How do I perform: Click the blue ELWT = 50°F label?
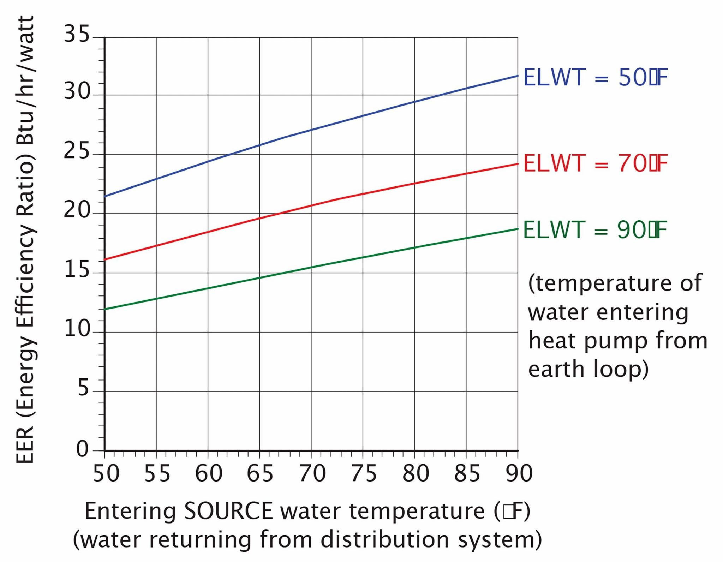coord(595,77)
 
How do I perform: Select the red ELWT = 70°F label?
coord(595,164)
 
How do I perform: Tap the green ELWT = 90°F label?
coord(595,230)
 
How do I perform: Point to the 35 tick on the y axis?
coord(77,35)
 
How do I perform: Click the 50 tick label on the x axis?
coord(106,473)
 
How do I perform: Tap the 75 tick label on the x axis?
coord(364,473)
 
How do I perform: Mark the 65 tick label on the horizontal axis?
coord(260,473)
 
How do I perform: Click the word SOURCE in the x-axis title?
coord(228,511)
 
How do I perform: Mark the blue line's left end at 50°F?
coord(105,196)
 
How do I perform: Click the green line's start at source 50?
coord(105,309)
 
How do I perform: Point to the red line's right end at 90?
coord(517,164)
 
